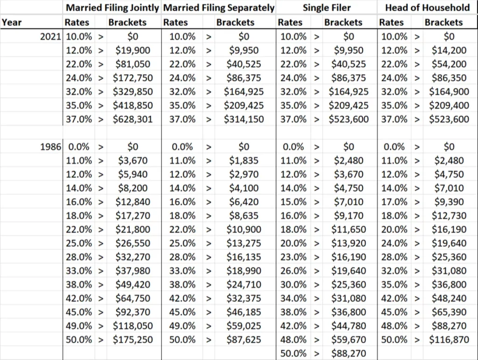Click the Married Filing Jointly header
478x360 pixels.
coord(112,8)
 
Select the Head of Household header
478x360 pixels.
coord(427,8)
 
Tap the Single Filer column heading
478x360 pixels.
coord(327,8)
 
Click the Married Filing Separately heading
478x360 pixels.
coord(218,8)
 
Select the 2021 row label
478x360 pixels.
coord(51,36)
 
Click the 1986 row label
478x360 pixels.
coord(51,147)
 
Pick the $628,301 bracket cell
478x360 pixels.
coord(133,120)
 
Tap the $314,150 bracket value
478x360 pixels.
coord(244,120)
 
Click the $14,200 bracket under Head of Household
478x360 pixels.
coord(449,50)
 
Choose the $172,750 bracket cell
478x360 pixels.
coord(133,78)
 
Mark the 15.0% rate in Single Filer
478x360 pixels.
coord(294,202)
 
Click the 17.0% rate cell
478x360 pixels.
coord(394,202)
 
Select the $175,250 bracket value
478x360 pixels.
coord(133,340)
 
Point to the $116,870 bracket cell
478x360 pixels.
coord(449,340)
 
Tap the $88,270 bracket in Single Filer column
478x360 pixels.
coord(348,353)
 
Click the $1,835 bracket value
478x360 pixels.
coord(244,161)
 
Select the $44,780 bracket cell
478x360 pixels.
coord(348,326)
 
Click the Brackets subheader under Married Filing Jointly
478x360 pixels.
coord(127,22)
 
